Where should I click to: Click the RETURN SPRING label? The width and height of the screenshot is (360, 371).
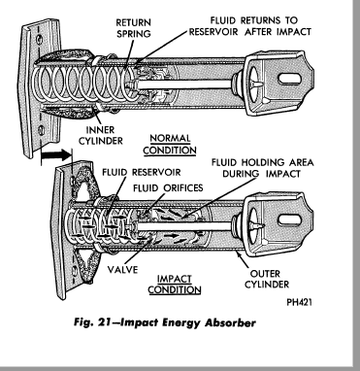pyautogui.click(x=133, y=28)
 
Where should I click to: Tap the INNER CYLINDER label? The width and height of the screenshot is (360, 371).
pyautogui.click(x=101, y=135)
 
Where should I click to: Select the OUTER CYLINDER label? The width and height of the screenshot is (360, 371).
pyautogui.click(x=267, y=279)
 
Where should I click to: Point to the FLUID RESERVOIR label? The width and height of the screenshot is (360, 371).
pyautogui.click(x=142, y=172)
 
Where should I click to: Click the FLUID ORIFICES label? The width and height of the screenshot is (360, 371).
pyautogui.click(x=168, y=187)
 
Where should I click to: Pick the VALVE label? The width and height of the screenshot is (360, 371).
pyautogui.click(x=122, y=269)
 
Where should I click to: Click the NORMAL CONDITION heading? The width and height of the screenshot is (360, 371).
pyautogui.click(x=170, y=145)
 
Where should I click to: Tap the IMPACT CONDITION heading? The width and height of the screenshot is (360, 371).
pyautogui.click(x=175, y=284)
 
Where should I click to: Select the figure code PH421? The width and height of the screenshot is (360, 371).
pyautogui.click(x=300, y=302)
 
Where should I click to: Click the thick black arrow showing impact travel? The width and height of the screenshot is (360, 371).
pyautogui.click(x=56, y=154)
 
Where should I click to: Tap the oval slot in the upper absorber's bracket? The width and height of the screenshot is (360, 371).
pyautogui.click(x=290, y=79)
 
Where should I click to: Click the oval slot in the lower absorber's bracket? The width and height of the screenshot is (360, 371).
pyautogui.click(x=289, y=219)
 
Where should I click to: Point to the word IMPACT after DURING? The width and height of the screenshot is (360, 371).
pyautogui.click(x=280, y=174)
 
